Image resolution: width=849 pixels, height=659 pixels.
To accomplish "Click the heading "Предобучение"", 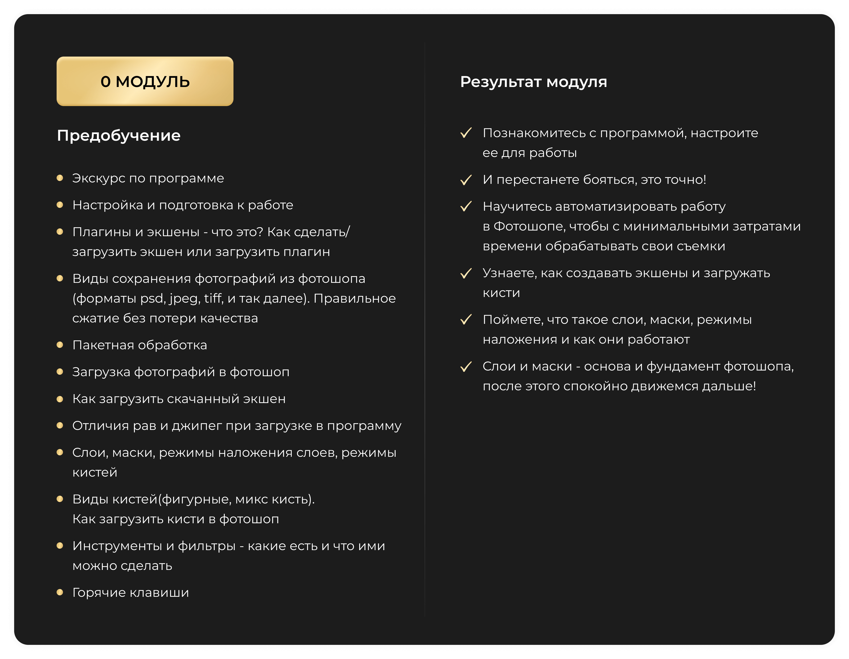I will point(119,136).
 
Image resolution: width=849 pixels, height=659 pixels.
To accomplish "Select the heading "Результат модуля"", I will point(533,82).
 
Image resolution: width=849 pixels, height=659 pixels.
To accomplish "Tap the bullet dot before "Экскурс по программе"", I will point(60,178).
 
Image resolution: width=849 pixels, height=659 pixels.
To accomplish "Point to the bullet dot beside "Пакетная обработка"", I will point(60,345).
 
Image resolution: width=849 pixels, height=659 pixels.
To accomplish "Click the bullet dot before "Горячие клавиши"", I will point(60,592).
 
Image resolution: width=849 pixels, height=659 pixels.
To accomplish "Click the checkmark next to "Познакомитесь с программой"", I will point(466,133).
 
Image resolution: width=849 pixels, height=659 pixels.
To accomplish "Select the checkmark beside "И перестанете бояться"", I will point(466,180).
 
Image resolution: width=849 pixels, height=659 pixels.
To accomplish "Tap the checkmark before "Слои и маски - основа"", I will point(466,367).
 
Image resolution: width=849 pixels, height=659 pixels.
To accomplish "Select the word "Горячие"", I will point(99,593).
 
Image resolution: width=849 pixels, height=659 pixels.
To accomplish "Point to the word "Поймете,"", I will point(513,320).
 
